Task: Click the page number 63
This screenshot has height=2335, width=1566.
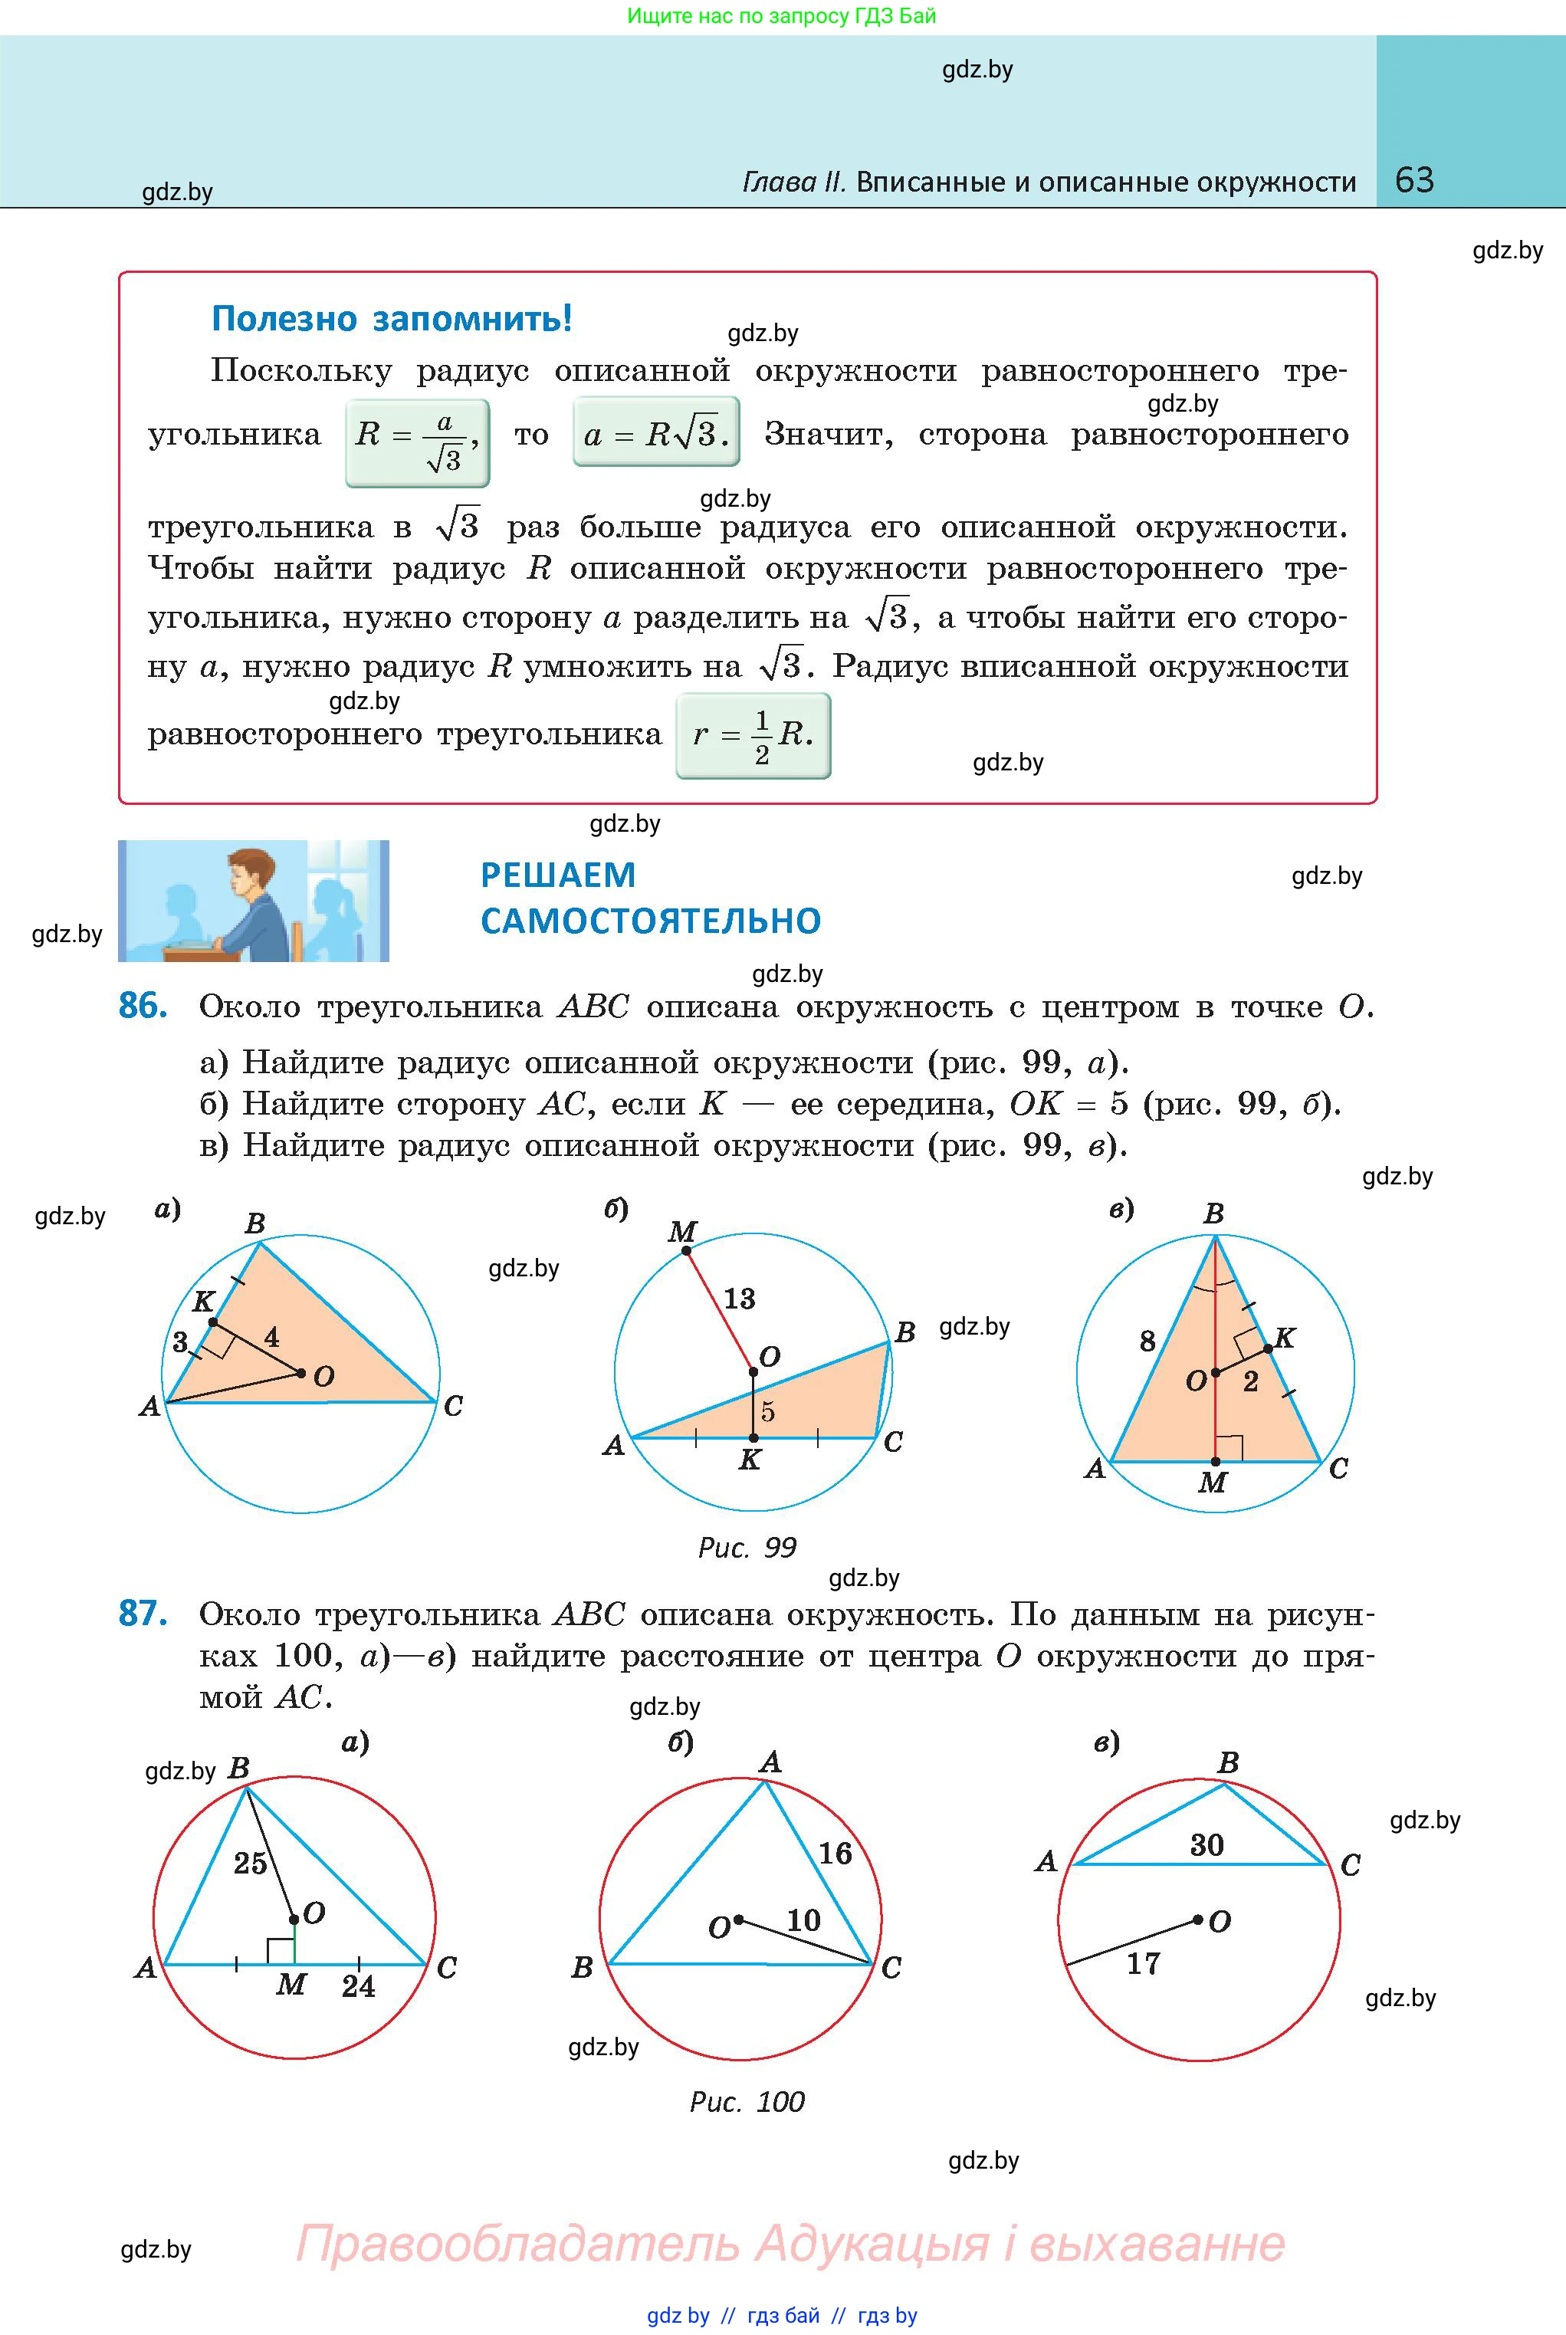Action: coord(1413,180)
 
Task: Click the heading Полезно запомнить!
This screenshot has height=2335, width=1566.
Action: coord(392,319)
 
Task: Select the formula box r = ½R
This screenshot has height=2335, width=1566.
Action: coord(753,736)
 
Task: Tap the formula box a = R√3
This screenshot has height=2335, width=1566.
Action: coord(656,432)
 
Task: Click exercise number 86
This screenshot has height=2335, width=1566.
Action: coord(142,1006)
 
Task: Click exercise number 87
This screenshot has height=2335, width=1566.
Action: coord(142,1613)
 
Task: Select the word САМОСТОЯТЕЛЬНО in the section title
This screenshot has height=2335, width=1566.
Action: coord(650,920)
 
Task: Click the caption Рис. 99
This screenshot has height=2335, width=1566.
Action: coord(747,1547)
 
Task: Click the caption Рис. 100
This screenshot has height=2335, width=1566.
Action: coord(747,2101)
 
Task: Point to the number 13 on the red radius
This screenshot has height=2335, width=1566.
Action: coord(739,1299)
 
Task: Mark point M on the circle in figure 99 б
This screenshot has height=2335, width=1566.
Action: coord(686,1250)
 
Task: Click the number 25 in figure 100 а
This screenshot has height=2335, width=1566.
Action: coord(250,1863)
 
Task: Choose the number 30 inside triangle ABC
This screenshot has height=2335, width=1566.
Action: coord(1207,1844)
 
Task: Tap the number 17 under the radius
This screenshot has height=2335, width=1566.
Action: coord(1144,1963)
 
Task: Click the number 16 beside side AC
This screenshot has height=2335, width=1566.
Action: coord(835,1854)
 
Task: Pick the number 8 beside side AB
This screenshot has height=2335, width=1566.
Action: coord(1147,1340)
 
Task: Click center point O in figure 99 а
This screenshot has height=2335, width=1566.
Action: coord(301,1373)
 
